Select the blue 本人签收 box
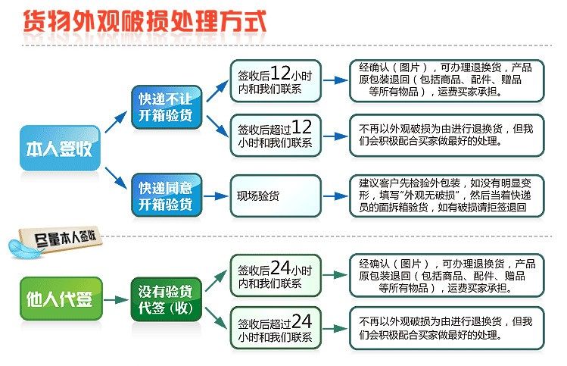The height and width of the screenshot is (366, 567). coord(60,147)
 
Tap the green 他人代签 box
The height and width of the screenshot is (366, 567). coord(60,299)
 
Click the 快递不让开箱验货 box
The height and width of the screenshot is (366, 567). coord(165,108)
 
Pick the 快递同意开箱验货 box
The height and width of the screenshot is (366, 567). coord(165,195)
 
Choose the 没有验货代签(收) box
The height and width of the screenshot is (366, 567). coord(165,298)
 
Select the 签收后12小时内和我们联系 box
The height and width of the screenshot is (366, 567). coord(276,80)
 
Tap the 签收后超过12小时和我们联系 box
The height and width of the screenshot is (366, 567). coord(276,134)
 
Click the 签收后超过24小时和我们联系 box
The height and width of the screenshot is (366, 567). coord(276,327)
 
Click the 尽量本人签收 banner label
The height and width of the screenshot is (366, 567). coord(67,237)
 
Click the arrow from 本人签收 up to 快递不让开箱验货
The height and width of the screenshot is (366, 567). coord(116,121)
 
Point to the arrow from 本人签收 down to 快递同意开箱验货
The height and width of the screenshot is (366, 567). coord(116,176)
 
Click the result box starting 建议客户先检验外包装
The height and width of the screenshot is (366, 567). coord(446,195)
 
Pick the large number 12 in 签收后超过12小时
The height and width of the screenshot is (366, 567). coord(301,126)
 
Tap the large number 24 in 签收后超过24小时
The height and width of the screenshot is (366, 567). coord(302,320)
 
